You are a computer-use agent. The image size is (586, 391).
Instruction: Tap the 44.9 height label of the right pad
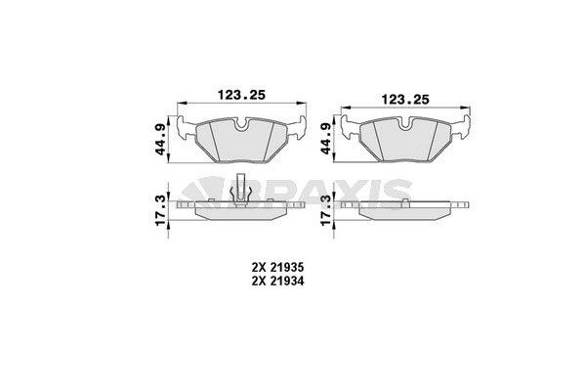click(x=325, y=138)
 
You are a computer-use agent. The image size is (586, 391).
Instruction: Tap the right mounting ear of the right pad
click(x=467, y=124)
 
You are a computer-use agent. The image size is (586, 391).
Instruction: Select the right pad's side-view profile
click(x=406, y=208)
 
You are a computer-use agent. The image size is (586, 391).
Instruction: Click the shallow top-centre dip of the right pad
click(x=406, y=120)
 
